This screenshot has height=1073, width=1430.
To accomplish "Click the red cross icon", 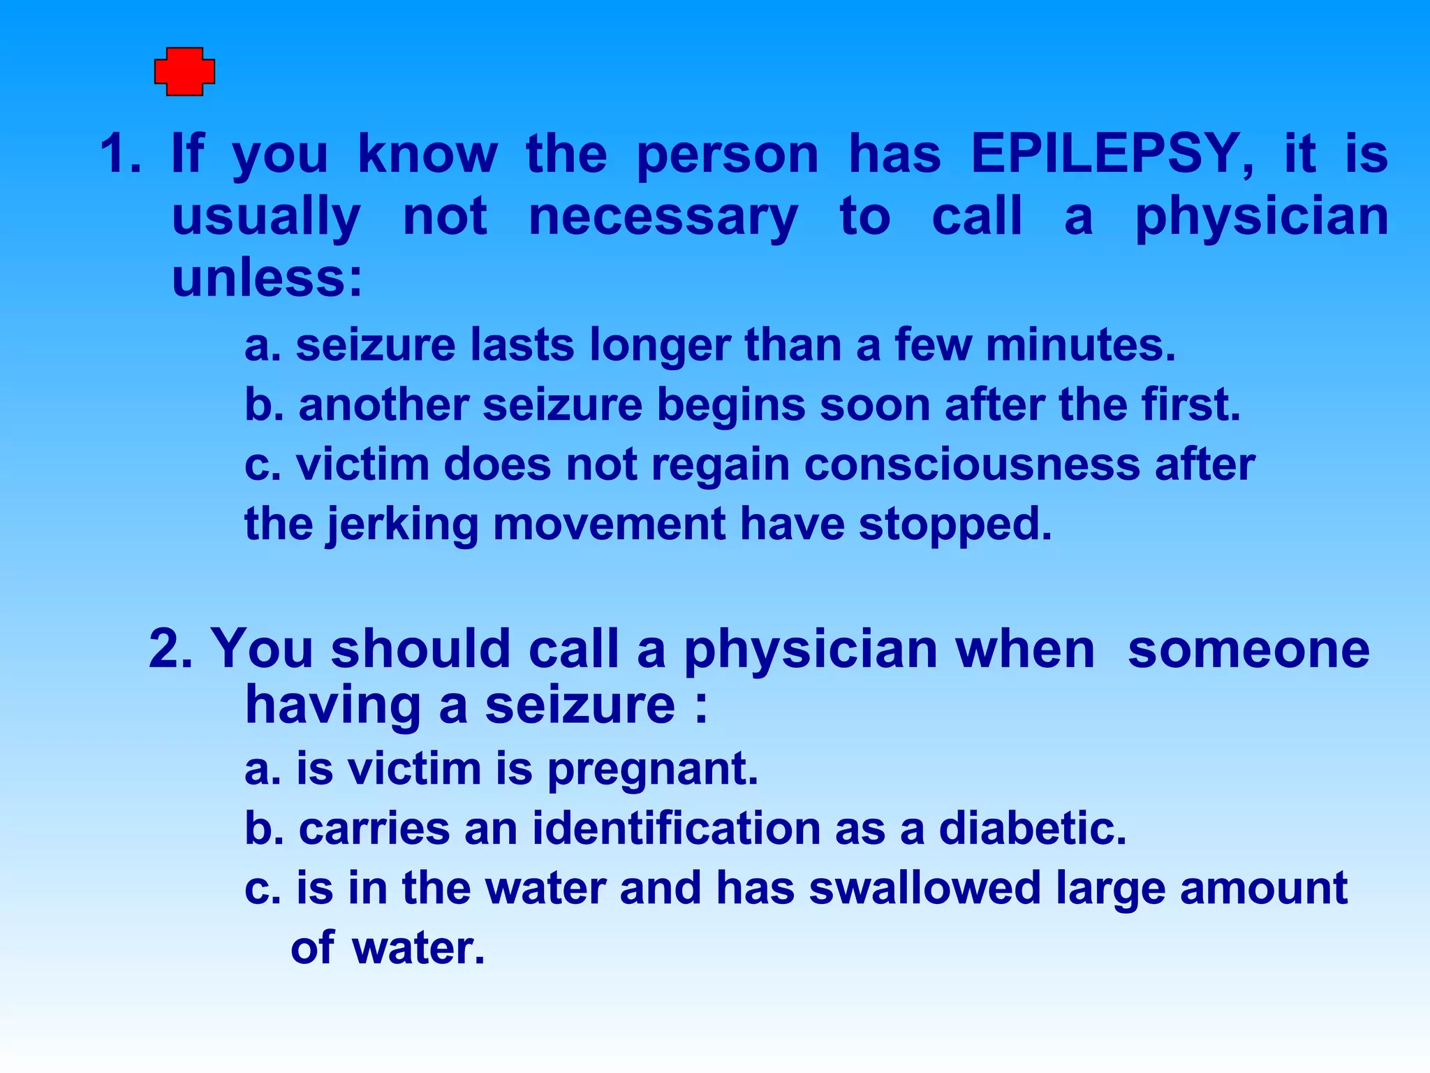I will pyautogui.click(x=184, y=71).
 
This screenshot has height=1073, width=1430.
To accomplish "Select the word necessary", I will pyautogui.click(x=663, y=218).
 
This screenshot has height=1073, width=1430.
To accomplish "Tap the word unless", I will pyautogui.click(x=267, y=278).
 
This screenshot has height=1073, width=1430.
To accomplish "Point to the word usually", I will pyautogui.click(x=266, y=218).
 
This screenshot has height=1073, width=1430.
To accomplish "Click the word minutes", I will pyautogui.click(x=1080, y=345).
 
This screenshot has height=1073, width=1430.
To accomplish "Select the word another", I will pyautogui.click(x=383, y=405).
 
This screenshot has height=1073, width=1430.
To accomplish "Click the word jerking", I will pyautogui.click(x=402, y=525).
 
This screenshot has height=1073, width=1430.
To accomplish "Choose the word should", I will pyautogui.click(x=421, y=650).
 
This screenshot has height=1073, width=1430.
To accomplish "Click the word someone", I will pyautogui.click(x=1248, y=650).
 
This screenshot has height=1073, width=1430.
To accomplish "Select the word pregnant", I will pyautogui.click(x=652, y=770).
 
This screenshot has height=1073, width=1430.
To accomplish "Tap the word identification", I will pyautogui.click(x=676, y=829).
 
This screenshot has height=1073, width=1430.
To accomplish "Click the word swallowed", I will pyautogui.click(x=924, y=889).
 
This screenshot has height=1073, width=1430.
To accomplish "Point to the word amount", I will pyautogui.click(x=1263, y=889).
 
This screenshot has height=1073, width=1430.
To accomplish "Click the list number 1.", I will pyautogui.click(x=120, y=154).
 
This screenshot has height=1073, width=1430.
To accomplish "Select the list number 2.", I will pyautogui.click(x=170, y=650).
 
